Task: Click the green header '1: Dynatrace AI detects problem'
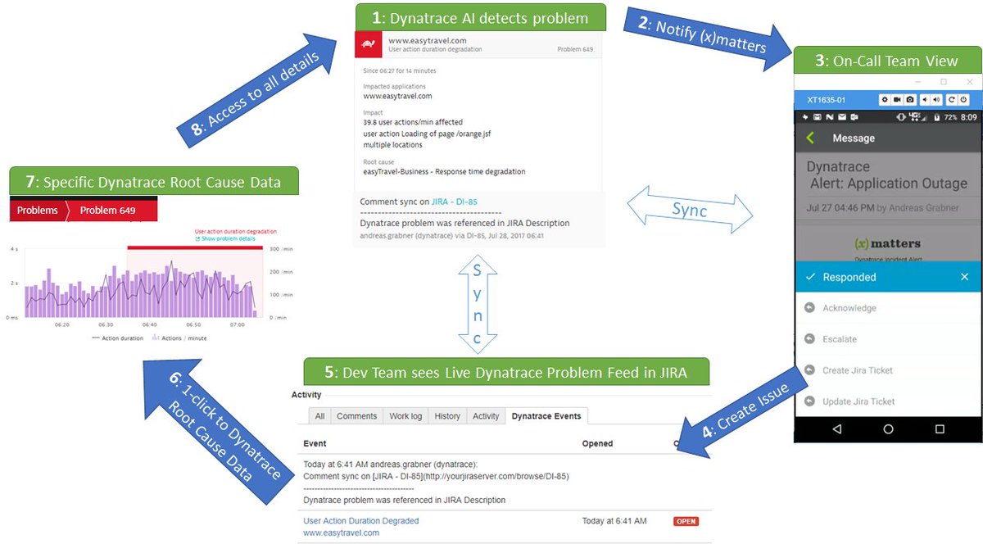480,17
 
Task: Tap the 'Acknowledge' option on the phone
849,308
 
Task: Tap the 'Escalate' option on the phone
840,339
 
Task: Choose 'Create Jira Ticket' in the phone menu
857,370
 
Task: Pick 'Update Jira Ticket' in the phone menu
858,401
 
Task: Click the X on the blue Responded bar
964,277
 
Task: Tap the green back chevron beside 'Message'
810,138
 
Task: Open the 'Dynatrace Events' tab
546,416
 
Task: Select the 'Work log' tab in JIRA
405,416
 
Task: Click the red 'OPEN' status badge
686,521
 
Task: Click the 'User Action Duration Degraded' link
360,521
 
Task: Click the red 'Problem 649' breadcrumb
107,210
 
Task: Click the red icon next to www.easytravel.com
369,45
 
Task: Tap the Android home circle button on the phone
888,428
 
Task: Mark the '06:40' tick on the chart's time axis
151,324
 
